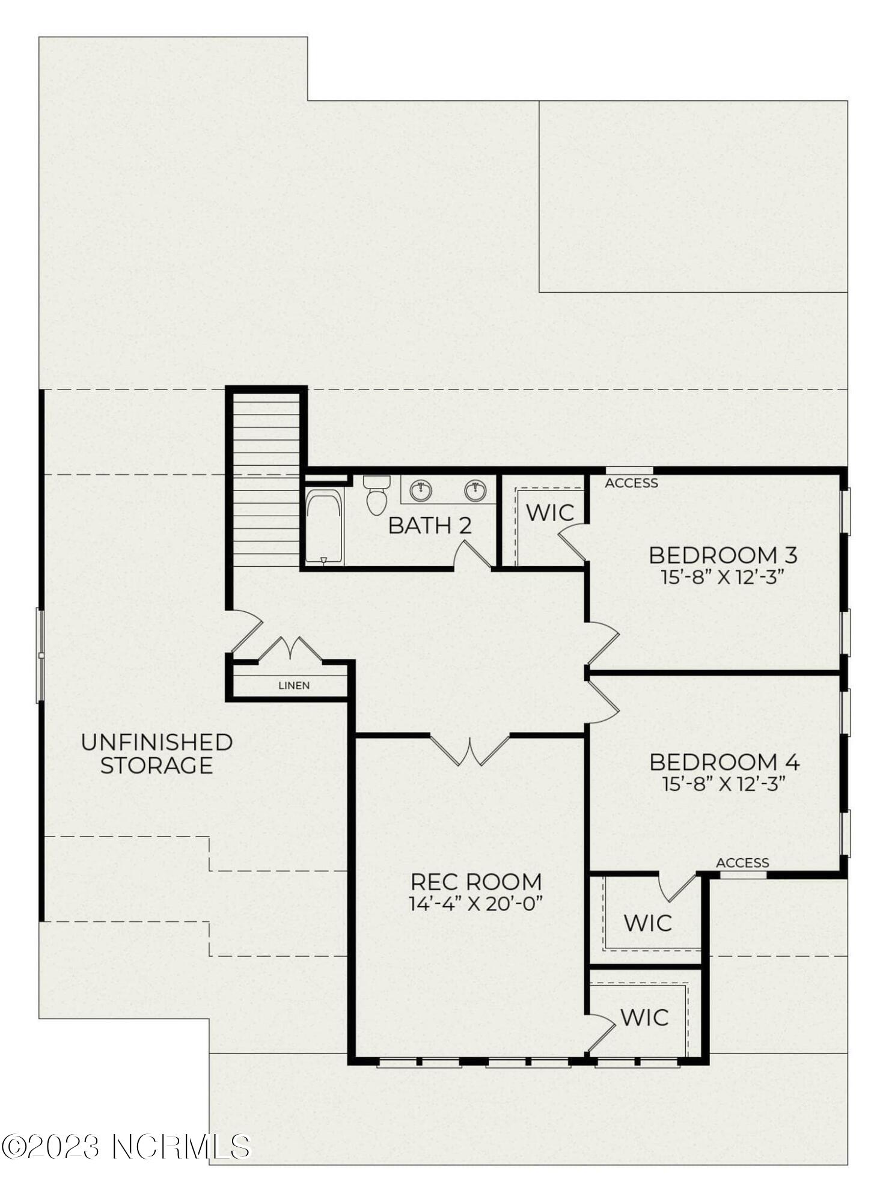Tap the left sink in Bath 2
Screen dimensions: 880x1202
click(x=421, y=490)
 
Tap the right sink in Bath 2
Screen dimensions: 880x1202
click(x=475, y=490)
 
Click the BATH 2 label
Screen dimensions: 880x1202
click(x=429, y=525)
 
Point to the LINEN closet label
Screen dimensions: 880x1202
click(x=294, y=685)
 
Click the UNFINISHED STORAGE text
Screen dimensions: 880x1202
click(x=157, y=754)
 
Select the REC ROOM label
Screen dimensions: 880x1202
click(x=476, y=882)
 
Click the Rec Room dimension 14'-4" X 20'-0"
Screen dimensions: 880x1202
click(x=476, y=903)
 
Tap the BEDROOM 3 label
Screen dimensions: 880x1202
click(x=723, y=555)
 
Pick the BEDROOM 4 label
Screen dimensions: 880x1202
click(x=724, y=762)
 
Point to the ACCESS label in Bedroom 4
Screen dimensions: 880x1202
click(x=742, y=863)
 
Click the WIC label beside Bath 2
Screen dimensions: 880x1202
click(x=550, y=513)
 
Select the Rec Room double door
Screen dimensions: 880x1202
click(x=470, y=751)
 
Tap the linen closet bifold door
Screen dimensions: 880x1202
click(x=290, y=650)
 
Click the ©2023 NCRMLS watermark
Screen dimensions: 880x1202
click(x=126, y=1147)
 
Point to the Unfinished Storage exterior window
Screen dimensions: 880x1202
click(x=40, y=655)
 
